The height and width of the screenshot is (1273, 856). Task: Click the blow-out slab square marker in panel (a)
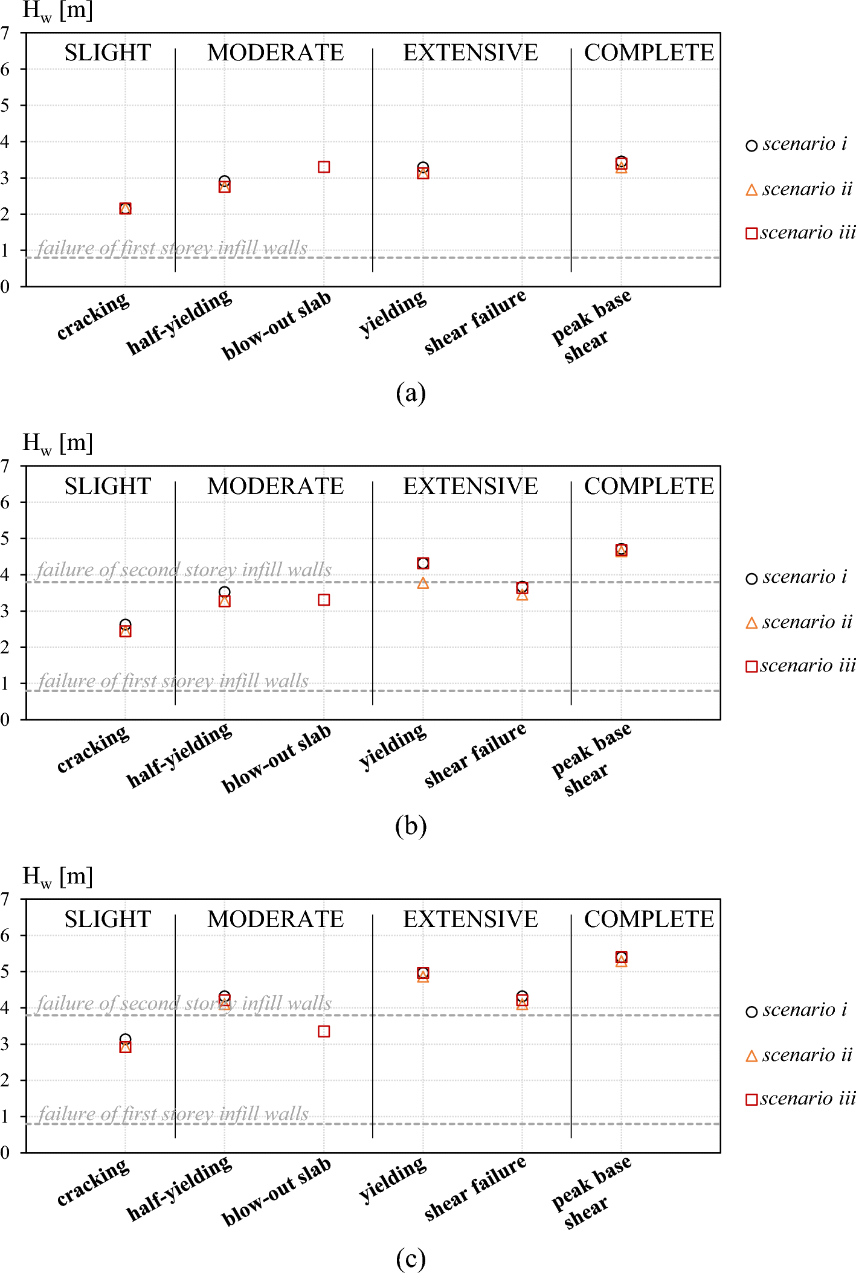[x=324, y=167]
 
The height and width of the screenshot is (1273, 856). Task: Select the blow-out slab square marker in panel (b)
[x=324, y=600]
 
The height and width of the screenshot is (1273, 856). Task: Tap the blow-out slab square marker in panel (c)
[x=324, y=1031]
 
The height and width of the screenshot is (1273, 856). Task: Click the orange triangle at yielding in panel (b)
[x=423, y=583]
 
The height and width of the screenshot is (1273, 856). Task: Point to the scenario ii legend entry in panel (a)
[x=799, y=190]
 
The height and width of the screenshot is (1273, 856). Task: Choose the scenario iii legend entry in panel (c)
[x=800, y=1098]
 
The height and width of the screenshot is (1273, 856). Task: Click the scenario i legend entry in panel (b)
[x=796, y=577]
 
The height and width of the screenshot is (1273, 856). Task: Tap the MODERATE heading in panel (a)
[x=275, y=53]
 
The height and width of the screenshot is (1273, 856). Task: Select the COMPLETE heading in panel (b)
[x=649, y=486]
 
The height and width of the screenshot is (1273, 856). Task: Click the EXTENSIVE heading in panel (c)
[x=471, y=919]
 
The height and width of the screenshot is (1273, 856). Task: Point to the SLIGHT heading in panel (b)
[x=108, y=486]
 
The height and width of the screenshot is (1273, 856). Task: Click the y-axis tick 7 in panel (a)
[x=5, y=33]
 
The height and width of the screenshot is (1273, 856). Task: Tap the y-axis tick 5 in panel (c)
[x=5, y=972]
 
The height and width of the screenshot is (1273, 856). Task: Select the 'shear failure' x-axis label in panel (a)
[x=475, y=322]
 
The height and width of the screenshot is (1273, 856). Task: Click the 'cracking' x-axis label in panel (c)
[x=92, y=1182]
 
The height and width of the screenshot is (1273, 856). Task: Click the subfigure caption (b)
[x=411, y=826]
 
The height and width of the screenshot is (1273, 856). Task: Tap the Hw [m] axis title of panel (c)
[x=57, y=876]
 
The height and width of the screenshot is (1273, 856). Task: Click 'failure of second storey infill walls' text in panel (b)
[x=184, y=569]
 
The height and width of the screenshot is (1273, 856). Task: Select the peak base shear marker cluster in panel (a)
[x=621, y=164]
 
